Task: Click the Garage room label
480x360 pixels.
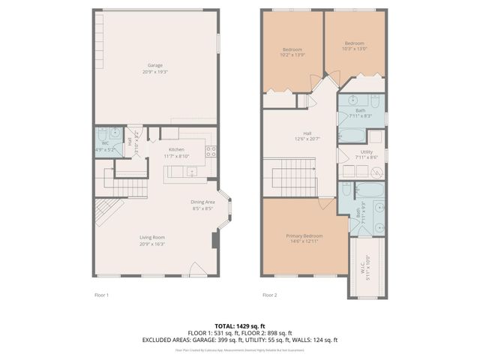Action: pyautogui.click(x=155, y=67)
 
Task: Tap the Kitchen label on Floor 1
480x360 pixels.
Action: pyautogui.click(x=176, y=152)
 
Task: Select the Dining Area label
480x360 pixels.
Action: pyautogui.click(x=202, y=205)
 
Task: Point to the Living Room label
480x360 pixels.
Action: pyautogui.click(x=152, y=240)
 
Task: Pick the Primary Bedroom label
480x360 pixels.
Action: pyautogui.click(x=304, y=238)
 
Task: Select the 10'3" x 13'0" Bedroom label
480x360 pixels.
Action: pyautogui.click(x=355, y=46)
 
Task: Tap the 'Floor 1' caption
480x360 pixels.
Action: pyautogui.click(x=101, y=295)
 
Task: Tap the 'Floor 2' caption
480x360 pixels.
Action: pyautogui.click(x=270, y=295)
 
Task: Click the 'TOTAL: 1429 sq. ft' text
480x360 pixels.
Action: pyautogui.click(x=240, y=325)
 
